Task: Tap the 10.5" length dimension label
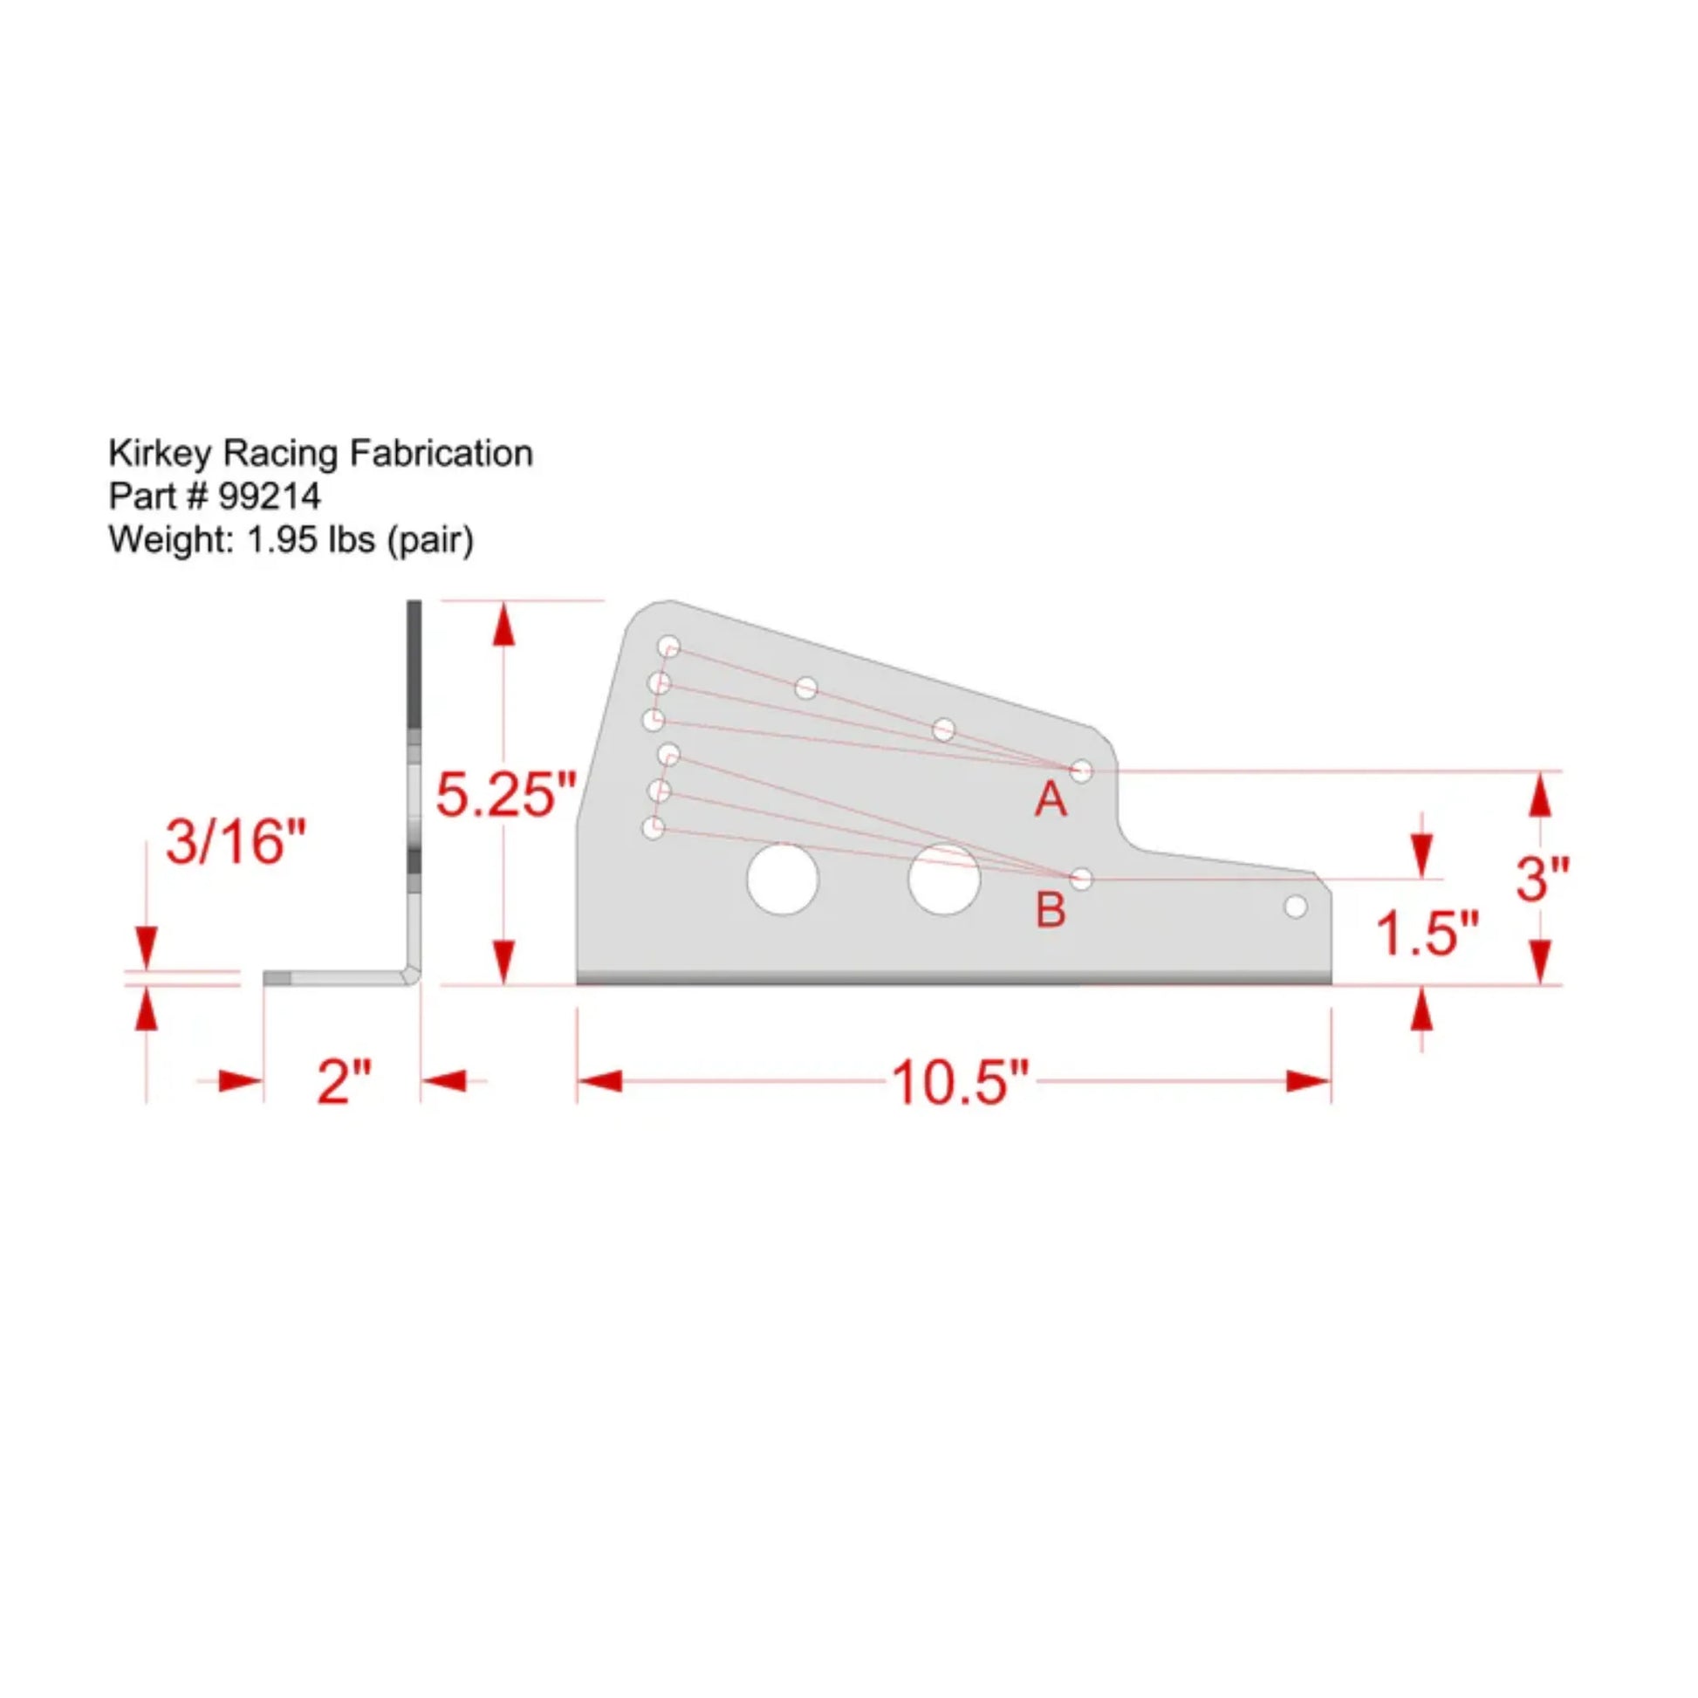point(960,1082)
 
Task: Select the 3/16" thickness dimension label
point(236,841)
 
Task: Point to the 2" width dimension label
point(344,1082)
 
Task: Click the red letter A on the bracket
point(1051,800)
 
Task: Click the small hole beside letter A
point(1081,770)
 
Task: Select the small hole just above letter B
point(1082,878)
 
